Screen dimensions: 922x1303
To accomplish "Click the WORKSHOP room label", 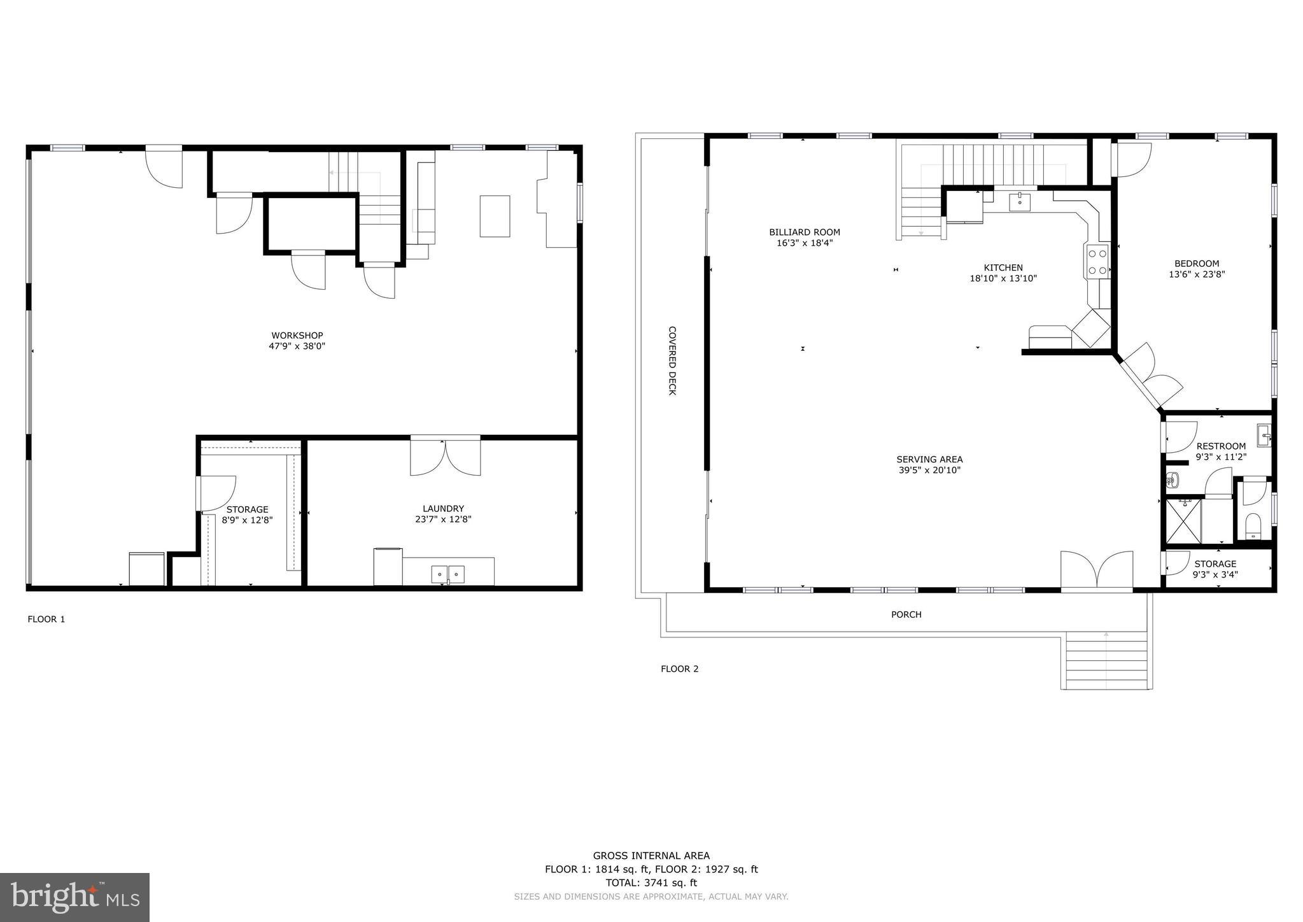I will [x=297, y=336].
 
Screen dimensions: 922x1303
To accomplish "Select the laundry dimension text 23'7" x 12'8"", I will [x=443, y=520].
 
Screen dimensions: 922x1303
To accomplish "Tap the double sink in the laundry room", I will [x=448, y=574].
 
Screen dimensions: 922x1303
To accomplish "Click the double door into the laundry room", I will [x=445, y=456].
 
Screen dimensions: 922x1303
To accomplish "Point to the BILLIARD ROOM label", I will [x=804, y=232].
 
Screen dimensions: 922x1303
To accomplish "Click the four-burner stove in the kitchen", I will [x=1097, y=262].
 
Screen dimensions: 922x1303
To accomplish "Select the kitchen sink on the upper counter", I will [x=1020, y=202].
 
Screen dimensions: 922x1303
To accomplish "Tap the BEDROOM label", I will [x=1196, y=264].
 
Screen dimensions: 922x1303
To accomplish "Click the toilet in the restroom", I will [x=1253, y=526].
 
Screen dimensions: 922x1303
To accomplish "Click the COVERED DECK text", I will [x=672, y=360].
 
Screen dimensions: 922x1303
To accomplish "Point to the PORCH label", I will [x=906, y=614].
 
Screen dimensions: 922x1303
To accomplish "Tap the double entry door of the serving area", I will [x=1097, y=571].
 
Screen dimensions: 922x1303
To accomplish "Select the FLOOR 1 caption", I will [x=46, y=619].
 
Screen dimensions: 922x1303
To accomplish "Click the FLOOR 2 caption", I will [x=679, y=669].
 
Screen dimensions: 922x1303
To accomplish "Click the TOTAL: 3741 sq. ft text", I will [x=651, y=883].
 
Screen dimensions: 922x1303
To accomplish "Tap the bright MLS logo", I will [x=74, y=897].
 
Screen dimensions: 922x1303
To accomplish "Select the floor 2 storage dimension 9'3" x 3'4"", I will [x=1215, y=574].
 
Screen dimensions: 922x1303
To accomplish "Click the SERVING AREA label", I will [x=929, y=459].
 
